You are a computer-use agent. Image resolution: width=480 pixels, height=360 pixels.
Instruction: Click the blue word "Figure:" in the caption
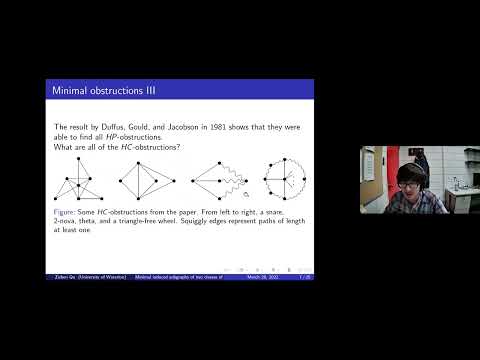tap(67, 214)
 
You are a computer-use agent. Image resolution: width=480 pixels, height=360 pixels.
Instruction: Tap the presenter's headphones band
tap(411, 164)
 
